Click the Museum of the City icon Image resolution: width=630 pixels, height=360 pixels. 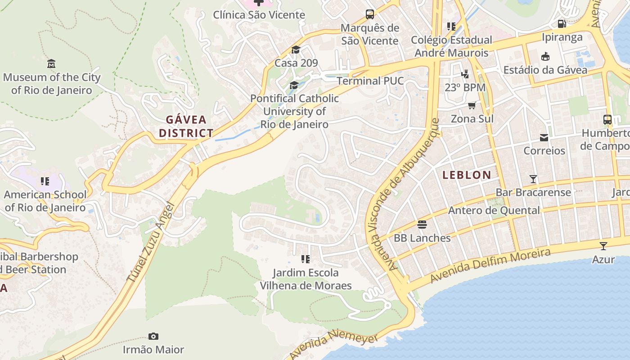[51, 64]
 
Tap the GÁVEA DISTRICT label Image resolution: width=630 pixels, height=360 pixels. [186, 126]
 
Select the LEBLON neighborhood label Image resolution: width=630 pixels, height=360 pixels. [467, 175]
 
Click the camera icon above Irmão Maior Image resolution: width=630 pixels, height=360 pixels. [153, 337]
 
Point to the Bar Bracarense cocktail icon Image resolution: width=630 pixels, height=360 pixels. [533, 179]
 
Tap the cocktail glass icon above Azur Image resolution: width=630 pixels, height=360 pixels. [603, 246]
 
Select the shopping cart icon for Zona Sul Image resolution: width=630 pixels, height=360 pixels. [472, 106]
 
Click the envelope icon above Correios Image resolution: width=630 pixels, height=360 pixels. [544, 137]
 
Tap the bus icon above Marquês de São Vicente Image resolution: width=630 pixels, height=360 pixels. [370, 14]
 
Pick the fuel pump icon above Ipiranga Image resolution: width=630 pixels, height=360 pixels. [562, 24]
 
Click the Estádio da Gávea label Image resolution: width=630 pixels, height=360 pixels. [545, 70]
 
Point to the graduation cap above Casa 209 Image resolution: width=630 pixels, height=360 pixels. [296, 50]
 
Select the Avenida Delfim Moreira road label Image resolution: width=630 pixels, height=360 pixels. [490, 265]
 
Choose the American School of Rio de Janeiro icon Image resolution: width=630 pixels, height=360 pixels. [45, 181]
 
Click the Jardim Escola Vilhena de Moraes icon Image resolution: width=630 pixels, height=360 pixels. [306, 259]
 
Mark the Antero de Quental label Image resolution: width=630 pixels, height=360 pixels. [494, 210]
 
